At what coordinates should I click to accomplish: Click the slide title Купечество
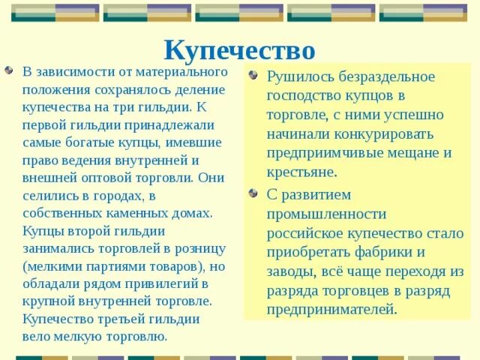click(239, 50)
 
